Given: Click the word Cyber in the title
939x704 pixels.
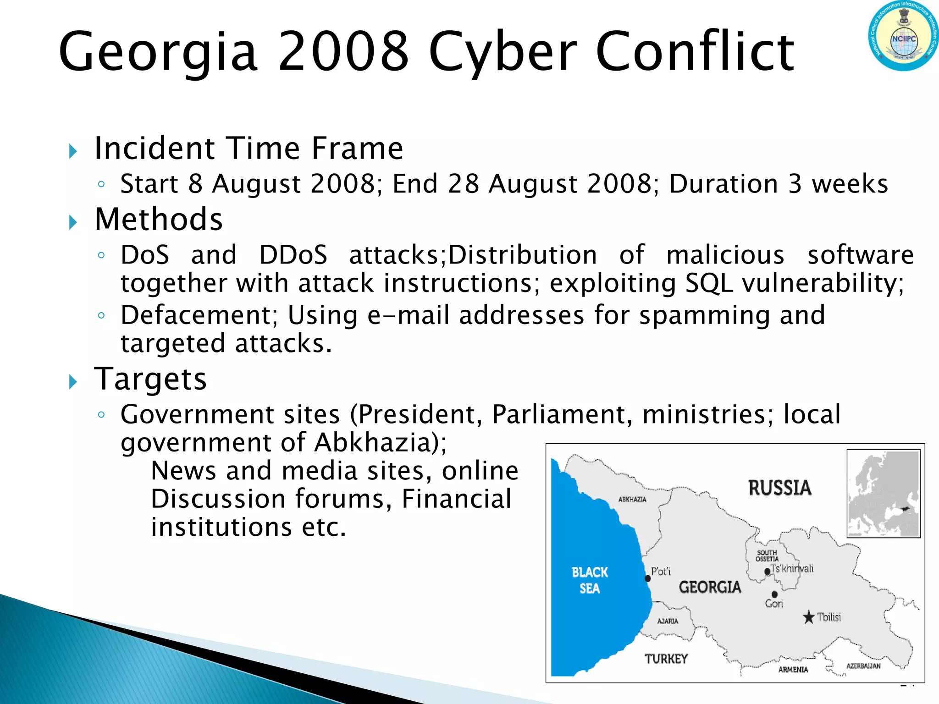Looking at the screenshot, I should [x=503, y=51].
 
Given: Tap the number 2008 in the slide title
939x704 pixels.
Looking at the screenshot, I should [x=343, y=51].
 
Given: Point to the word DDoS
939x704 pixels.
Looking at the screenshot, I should [x=293, y=255].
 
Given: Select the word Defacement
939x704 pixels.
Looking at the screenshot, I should [x=196, y=315].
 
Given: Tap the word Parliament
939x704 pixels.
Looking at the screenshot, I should [x=559, y=414].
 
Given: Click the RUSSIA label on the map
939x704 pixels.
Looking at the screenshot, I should [x=779, y=488].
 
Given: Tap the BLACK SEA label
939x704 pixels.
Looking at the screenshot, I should [x=590, y=580].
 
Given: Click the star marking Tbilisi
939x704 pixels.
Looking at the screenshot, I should [x=809, y=617].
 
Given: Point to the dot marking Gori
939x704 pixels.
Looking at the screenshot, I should [x=774, y=594].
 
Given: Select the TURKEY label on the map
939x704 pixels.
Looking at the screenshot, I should [x=666, y=659].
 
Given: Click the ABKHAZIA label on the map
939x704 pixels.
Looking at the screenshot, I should [x=632, y=500].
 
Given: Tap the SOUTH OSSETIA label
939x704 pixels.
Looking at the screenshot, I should [x=767, y=555].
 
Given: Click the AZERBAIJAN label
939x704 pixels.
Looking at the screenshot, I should [x=863, y=666].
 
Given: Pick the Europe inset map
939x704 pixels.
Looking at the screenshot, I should [x=884, y=493].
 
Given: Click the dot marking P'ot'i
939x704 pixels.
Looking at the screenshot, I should [x=648, y=578].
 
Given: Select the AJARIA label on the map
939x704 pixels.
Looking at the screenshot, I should [x=668, y=621].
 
